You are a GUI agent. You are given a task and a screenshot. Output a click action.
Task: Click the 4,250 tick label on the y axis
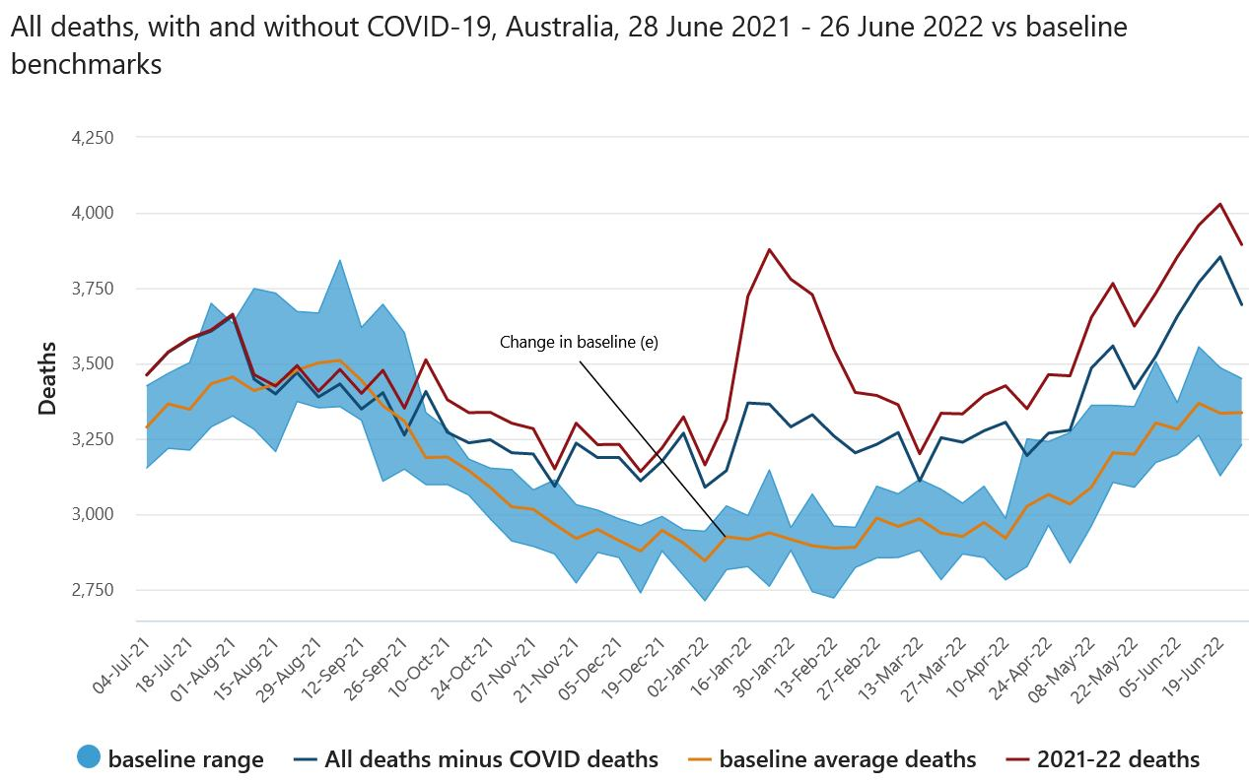tap(94, 138)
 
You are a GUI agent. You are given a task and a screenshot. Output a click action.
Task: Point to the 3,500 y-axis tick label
tap(94, 364)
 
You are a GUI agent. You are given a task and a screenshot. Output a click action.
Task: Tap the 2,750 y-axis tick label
tap(94, 590)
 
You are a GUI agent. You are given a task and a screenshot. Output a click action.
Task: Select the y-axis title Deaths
tap(46, 378)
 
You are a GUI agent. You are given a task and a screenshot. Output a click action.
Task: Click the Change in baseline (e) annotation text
tap(578, 343)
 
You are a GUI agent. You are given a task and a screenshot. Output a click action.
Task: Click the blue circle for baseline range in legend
tap(89, 758)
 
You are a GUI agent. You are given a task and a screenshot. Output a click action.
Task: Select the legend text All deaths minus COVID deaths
tap(491, 759)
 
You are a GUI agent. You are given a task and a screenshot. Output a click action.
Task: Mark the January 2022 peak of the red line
tap(770, 249)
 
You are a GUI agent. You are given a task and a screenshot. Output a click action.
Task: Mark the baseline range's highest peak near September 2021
tap(340, 260)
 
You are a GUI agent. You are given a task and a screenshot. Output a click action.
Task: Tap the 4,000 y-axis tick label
tap(94, 213)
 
